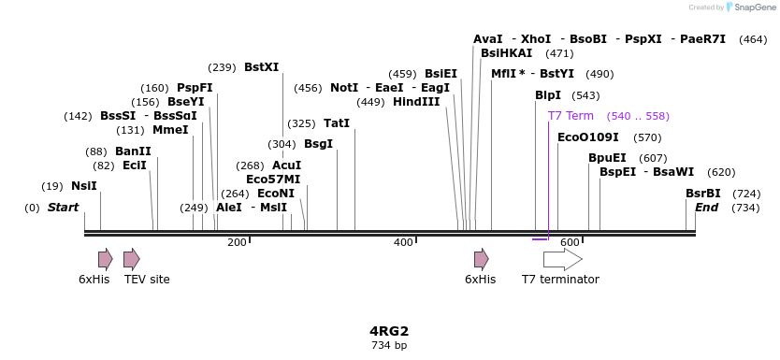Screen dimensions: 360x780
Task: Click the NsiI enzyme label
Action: pyautogui.click(x=83, y=186)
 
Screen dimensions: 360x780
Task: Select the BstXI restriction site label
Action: pyautogui.click(x=261, y=67)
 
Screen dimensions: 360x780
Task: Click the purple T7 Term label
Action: pyautogui.click(x=571, y=116)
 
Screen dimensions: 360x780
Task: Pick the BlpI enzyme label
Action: pyautogui.click(x=547, y=95)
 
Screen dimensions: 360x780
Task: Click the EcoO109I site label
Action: pyautogui.click(x=587, y=137)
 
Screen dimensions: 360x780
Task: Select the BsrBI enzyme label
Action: pyautogui.click(x=702, y=194)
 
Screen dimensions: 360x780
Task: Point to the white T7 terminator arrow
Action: pyautogui.click(x=562, y=259)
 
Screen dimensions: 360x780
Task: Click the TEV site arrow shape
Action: pyautogui.click(x=132, y=259)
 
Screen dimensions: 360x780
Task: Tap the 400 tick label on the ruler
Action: pyautogui.click(x=403, y=243)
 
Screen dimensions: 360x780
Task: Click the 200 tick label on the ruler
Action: pyautogui.click(x=237, y=243)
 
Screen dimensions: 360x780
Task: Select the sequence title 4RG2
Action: pyautogui.click(x=389, y=331)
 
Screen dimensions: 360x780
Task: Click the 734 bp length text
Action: pyautogui.click(x=389, y=346)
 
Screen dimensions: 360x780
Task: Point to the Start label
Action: pyautogui.click(x=63, y=208)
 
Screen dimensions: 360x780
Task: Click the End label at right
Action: pyautogui.click(x=706, y=208)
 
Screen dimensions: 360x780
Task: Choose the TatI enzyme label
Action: pyautogui.click(x=336, y=123)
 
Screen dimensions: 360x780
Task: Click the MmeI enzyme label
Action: pyautogui.click(x=170, y=130)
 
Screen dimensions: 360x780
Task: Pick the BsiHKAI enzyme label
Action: pyautogui.click(x=506, y=53)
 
